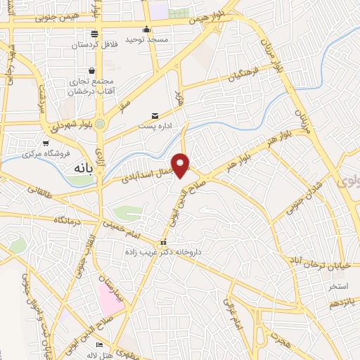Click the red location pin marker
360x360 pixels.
coord(181,165)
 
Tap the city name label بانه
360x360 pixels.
coord(83,169)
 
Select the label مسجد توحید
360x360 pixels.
coord(148,40)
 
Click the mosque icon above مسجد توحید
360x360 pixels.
coord(146,29)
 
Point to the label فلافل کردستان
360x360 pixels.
coord(93,45)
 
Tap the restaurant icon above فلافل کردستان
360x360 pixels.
coord(94,34)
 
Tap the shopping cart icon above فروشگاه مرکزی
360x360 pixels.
coord(46,143)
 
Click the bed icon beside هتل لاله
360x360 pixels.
coord(99,345)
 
